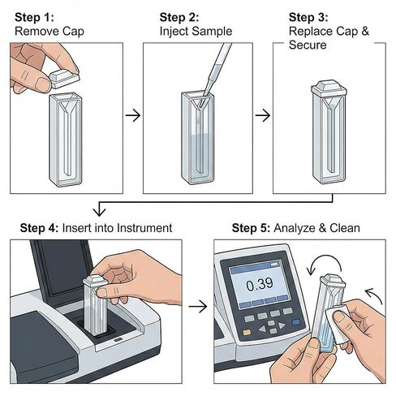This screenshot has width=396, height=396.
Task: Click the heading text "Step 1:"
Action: click(34, 18)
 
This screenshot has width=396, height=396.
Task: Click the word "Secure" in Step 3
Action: click(308, 45)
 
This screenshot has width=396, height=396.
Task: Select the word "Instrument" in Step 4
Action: click(144, 228)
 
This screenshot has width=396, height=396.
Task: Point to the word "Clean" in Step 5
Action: click(345, 228)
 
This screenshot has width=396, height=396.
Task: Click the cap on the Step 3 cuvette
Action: click(329, 88)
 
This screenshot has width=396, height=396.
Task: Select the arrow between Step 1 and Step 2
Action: click(133, 115)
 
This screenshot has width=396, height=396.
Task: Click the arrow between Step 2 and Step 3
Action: click(263, 115)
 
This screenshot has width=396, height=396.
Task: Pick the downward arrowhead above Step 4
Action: click(99, 211)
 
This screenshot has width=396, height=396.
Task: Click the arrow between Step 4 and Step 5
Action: click(198, 307)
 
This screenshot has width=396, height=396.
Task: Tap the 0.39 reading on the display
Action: click(260, 285)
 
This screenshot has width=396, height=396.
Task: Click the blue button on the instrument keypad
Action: click(296, 322)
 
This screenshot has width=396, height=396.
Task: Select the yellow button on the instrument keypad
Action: click(247, 333)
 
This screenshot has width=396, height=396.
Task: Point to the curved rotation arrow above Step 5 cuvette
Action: click(326, 256)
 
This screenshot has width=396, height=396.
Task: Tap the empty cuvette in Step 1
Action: click(66, 140)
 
